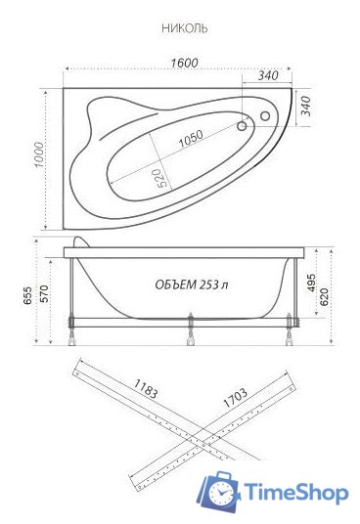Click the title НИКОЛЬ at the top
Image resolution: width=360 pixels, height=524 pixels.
184,29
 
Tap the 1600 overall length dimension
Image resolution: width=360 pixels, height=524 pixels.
184,63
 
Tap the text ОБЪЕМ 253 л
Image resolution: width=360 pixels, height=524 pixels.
192,284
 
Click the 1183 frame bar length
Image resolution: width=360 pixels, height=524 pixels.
142,394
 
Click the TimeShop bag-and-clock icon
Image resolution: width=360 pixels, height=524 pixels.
220,492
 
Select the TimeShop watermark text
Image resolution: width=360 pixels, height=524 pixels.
295,493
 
